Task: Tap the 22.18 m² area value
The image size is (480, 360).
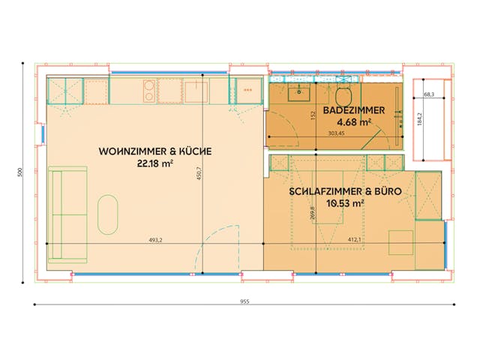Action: point(155,163)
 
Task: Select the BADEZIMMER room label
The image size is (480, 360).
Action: point(355,110)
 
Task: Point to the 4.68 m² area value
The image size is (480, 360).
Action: point(355,121)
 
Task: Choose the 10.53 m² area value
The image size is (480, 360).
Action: point(345,202)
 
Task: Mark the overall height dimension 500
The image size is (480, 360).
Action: point(20,172)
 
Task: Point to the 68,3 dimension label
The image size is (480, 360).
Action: point(430,95)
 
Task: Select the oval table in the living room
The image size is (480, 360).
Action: point(108,215)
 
